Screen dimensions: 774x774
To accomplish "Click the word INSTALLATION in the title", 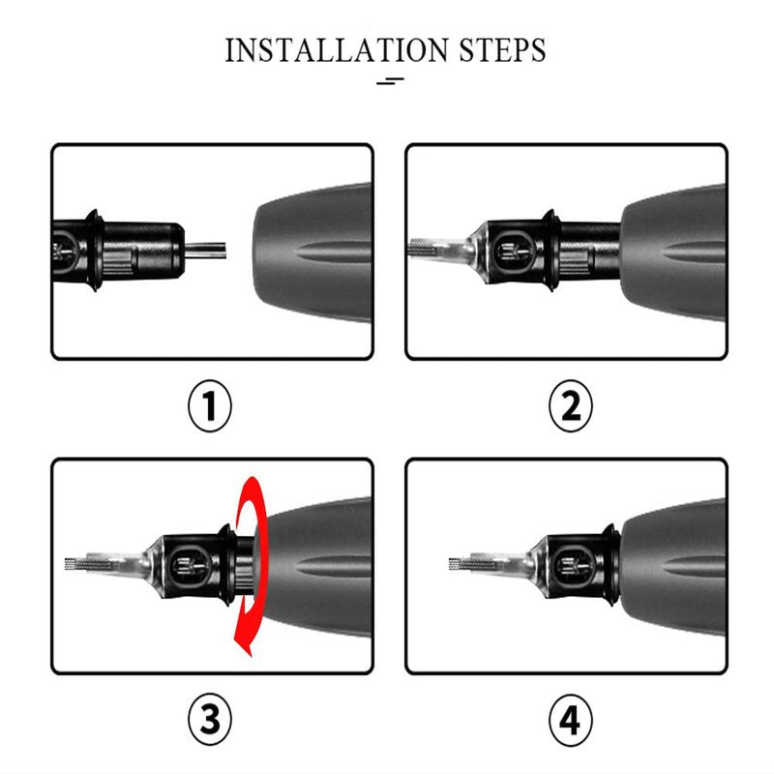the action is tap(336, 50).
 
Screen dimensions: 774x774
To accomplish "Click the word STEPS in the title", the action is tap(502, 50).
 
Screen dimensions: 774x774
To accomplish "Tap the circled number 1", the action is tap(210, 405).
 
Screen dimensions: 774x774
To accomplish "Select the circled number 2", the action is tap(571, 405).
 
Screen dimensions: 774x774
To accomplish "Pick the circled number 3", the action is tap(210, 720).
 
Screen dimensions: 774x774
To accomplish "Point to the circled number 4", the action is tap(571, 720).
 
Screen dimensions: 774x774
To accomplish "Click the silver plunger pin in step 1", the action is tap(205, 250).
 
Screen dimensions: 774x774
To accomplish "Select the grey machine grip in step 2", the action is tap(672, 252).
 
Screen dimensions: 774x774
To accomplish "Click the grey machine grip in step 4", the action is tap(672, 567).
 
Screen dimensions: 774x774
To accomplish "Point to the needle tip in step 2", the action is tap(411, 247).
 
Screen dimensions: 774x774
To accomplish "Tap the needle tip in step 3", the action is tap(69, 564).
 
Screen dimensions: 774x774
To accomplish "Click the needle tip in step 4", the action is tap(453, 564).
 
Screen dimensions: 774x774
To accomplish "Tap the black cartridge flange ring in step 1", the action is tap(94, 250).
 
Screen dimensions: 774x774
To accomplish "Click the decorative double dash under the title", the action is tap(390, 81).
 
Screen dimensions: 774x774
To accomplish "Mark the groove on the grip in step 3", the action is tap(336, 565).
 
